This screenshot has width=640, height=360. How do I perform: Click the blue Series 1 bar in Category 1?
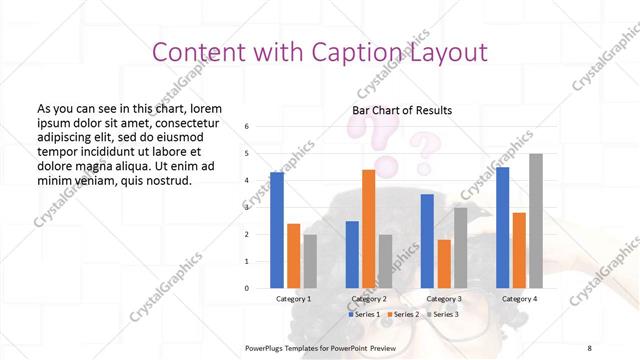tap(277, 230)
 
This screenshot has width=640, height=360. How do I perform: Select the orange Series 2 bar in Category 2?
tap(368, 229)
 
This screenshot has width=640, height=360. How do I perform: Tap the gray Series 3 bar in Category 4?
tap(536, 221)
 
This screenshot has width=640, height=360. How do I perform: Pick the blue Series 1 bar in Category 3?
tap(427, 241)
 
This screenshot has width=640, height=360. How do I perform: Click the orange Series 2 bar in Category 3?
tap(444, 264)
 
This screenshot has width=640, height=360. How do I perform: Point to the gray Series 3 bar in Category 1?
tap(311, 261)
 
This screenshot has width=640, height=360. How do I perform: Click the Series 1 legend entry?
tap(364, 314)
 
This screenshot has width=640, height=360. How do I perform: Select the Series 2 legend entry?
tap(404, 314)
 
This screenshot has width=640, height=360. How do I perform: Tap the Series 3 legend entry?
tap(444, 314)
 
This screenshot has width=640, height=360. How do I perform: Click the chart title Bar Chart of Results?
tap(402, 110)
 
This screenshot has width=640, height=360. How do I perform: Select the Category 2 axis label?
tap(368, 298)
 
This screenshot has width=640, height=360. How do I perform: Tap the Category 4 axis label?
tap(519, 298)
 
